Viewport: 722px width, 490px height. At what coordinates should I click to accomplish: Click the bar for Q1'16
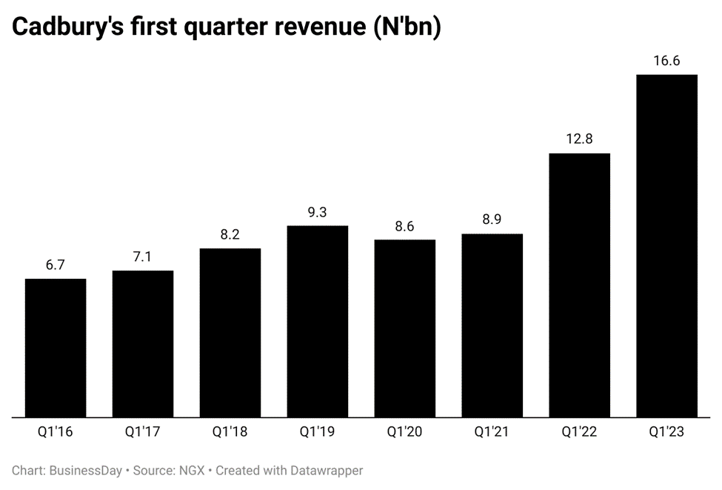[56, 348]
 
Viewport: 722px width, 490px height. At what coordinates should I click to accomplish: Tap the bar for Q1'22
[579, 285]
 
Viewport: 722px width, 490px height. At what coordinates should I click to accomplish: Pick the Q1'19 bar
[318, 322]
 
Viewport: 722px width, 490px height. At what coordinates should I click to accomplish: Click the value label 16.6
[666, 61]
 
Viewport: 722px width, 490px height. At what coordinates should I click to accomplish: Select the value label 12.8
[579, 139]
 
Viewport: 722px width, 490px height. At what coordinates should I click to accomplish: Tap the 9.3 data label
[318, 212]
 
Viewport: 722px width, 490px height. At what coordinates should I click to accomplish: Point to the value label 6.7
[56, 265]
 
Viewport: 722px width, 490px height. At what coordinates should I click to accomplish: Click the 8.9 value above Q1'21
[492, 220]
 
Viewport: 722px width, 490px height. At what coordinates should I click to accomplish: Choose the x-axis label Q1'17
[143, 431]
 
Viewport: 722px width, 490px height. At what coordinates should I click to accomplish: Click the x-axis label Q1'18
[230, 431]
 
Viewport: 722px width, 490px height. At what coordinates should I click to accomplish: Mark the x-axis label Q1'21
[492, 431]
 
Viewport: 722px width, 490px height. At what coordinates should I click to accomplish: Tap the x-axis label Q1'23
[666, 431]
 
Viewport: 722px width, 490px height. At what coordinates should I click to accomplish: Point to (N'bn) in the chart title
[404, 27]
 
